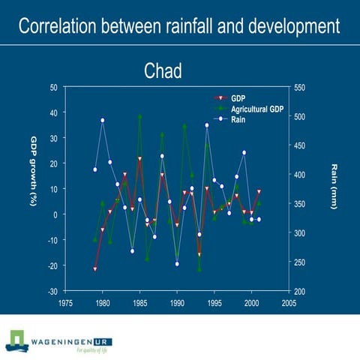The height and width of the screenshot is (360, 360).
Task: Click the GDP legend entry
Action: tap(238, 99)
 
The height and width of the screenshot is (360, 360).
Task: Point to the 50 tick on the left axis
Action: tap(53, 88)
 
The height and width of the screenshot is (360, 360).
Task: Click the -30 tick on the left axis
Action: tap(52, 291)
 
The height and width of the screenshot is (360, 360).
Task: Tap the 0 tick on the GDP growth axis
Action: tap(55, 214)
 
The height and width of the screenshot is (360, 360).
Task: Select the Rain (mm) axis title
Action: tap(334, 187)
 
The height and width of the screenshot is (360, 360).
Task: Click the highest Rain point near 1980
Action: tap(103, 120)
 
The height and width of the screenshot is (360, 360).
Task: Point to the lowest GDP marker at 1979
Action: tap(95, 268)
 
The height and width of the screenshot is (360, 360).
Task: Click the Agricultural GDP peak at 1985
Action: tap(139, 116)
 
